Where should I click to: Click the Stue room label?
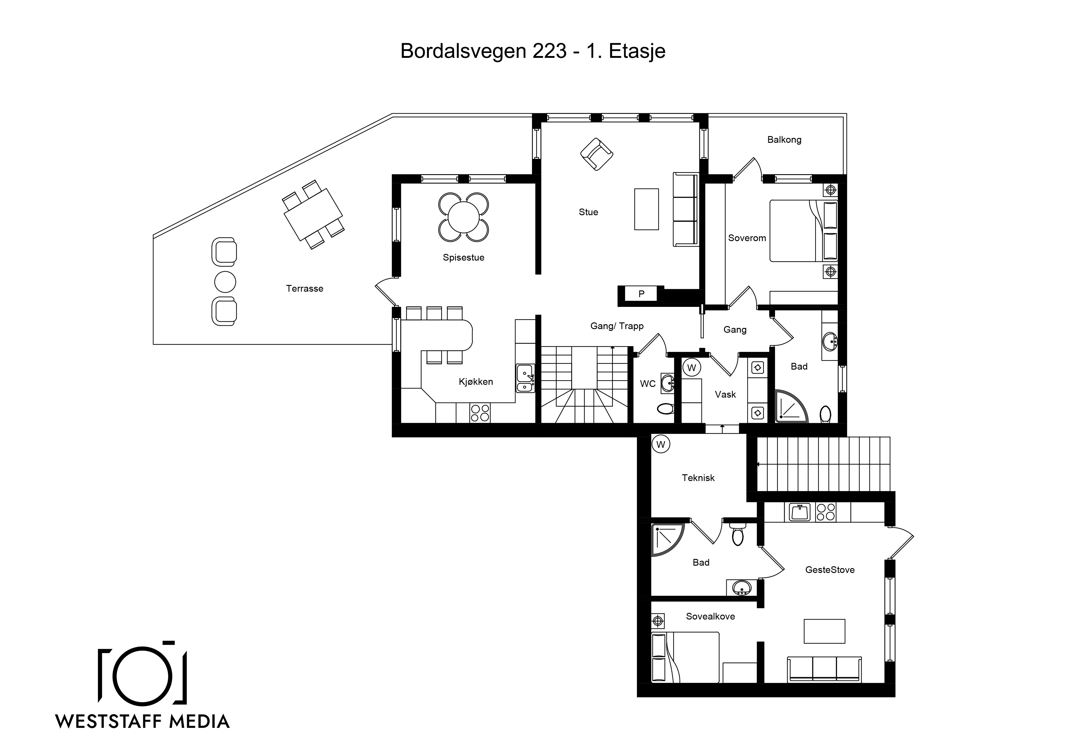click(588, 212)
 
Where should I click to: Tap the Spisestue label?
click(463, 258)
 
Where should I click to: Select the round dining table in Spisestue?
click(464, 217)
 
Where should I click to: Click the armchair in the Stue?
click(597, 154)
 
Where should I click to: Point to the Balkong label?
click(784, 139)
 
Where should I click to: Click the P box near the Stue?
click(641, 293)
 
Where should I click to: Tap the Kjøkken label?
click(476, 382)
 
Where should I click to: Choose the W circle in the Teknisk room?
click(661, 444)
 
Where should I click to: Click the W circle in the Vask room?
click(691, 367)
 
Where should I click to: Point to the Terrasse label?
click(304, 288)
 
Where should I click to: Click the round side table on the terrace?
click(225, 282)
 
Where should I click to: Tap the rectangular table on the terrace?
click(314, 214)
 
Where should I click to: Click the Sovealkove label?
click(711, 616)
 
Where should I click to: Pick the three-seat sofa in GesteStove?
click(824, 669)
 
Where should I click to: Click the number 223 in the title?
click(550, 51)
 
